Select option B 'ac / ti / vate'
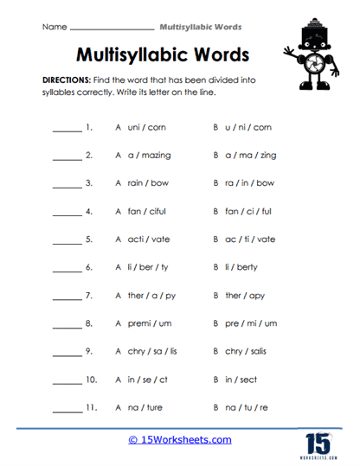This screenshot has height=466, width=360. click(x=244, y=239)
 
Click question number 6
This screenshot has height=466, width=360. click(x=89, y=268)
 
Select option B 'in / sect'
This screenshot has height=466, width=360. click(x=235, y=380)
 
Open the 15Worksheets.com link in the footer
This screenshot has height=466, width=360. click(x=179, y=440)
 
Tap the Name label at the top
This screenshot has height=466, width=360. click(x=54, y=27)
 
